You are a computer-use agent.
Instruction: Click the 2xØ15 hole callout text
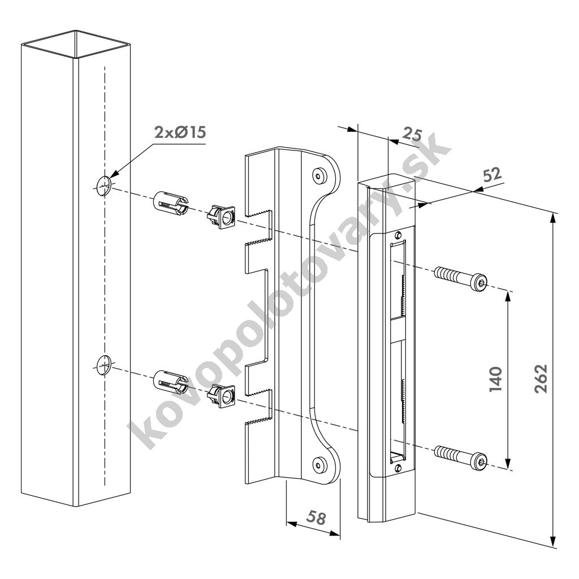(x=180, y=132)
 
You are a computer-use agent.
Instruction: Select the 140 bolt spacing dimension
(x=495, y=379)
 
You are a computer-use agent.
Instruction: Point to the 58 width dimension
(x=316, y=517)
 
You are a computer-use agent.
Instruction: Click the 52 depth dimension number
(x=492, y=175)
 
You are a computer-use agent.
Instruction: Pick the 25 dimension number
(x=412, y=134)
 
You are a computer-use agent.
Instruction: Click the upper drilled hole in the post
(x=104, y=185)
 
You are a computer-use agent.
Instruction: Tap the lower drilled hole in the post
(x=104, y=366)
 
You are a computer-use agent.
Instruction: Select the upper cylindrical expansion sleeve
(x=171, y=203)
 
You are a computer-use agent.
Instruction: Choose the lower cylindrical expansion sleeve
(x=171, y=383)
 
